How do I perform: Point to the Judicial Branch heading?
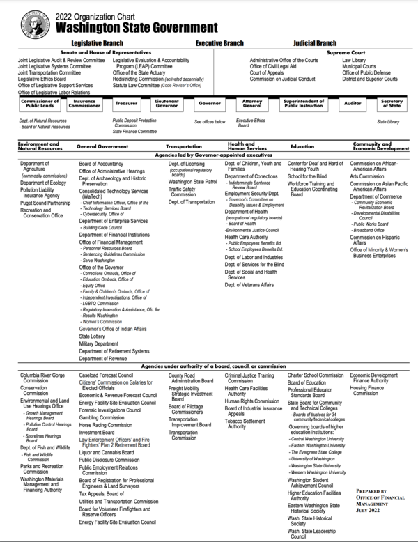pos(314,43)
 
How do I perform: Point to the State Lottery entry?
pos(92,335)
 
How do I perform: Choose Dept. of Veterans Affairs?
pos(249,284)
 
